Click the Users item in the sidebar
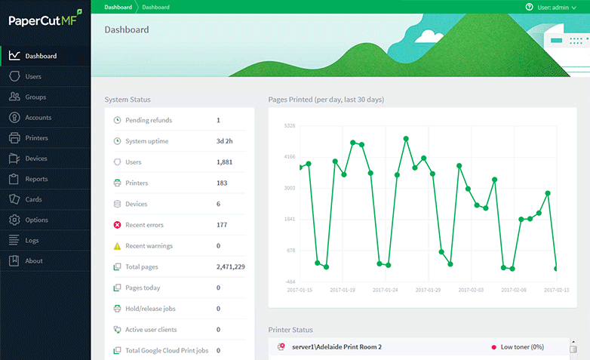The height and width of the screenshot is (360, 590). coord(32,76)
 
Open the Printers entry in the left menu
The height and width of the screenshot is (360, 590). coord(35,138)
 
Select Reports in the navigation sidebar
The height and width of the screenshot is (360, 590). coord(35,179)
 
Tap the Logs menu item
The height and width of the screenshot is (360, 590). coord(32,240)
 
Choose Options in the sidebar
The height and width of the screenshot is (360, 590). coord(36,220)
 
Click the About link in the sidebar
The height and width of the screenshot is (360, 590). coord(33,260)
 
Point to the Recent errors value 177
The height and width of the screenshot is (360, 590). coord(222,225)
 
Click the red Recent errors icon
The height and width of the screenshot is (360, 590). coord(117,225)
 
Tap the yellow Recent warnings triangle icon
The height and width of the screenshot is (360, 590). coord(117,246)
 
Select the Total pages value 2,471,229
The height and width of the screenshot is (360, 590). coord(230,266)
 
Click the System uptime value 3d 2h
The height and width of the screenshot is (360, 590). coord(225,141)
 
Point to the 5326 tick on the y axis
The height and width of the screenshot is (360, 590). coord(289,126)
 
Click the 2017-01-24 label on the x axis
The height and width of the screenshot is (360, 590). coord(386,290)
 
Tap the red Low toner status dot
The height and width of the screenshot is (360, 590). coord(493,347)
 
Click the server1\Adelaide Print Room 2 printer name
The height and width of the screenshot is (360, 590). coord(336,347)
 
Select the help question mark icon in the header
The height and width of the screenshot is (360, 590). coord(529,7)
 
